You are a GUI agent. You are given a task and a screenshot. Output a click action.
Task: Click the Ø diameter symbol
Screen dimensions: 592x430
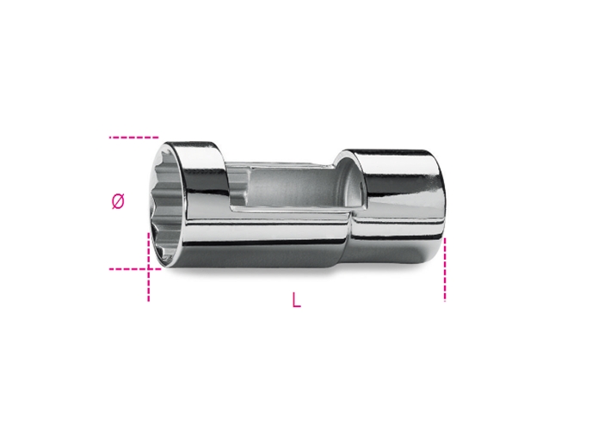(x=118, y=201)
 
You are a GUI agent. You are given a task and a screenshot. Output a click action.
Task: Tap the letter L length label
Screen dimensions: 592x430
(x=297, y=300)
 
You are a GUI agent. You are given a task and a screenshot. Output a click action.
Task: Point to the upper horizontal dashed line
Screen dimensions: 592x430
(x=133, y=138)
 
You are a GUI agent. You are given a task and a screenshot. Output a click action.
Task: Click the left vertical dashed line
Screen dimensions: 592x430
(x=148, y=267)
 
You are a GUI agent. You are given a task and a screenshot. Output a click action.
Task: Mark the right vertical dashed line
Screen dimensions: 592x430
(x=445, y=269)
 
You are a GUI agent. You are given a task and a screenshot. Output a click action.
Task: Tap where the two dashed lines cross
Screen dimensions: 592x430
(x=148, y=269)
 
